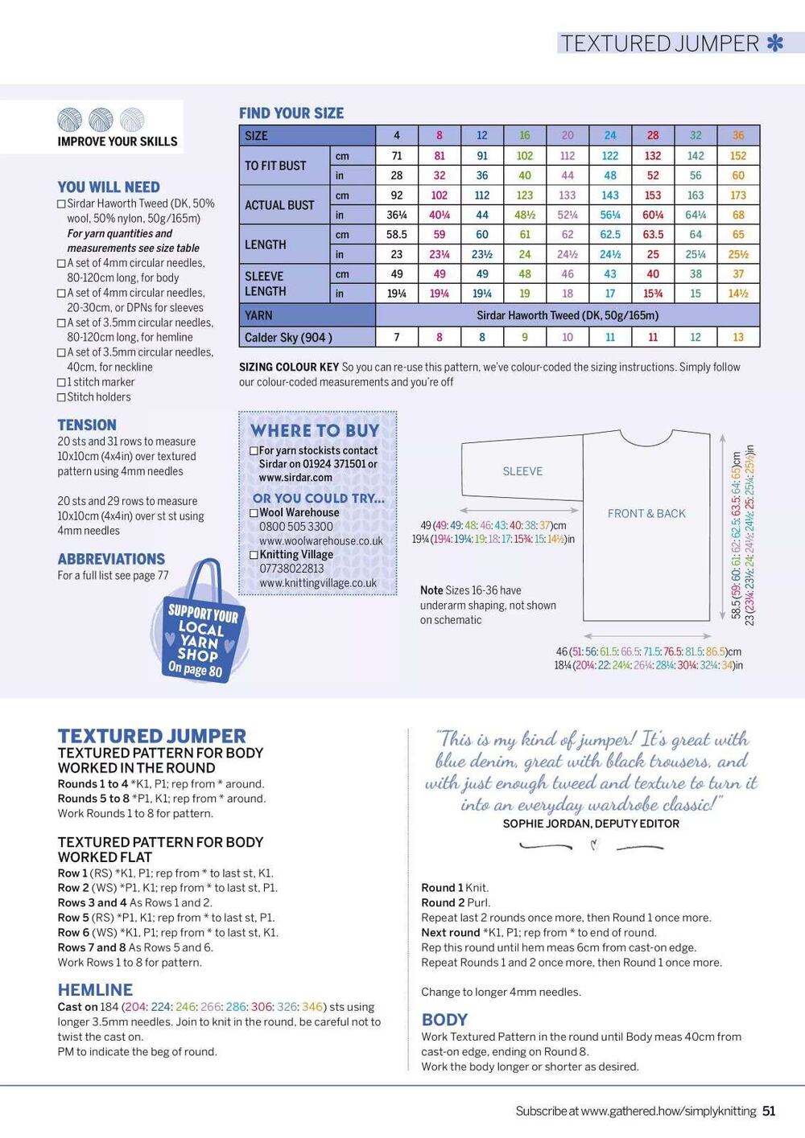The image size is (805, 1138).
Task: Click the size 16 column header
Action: click(525, 135)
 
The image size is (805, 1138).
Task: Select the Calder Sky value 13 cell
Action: click(738, 337)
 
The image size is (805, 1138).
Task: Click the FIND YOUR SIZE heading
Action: click(291, 113)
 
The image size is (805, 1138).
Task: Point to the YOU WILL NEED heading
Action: click(109, 187)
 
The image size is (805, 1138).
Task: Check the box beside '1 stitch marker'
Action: click(61, 383)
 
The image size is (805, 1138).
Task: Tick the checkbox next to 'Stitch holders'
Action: click(61, 397)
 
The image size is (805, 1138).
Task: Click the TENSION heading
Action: click(87, 425)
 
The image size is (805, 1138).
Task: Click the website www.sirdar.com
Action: click(295, 478)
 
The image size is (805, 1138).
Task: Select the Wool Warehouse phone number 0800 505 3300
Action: click(295, 527)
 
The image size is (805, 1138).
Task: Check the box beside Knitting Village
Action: click(254, 555)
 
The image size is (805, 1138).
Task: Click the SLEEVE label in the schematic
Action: click(522, 471)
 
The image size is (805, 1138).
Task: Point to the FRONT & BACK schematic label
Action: click(646, 513)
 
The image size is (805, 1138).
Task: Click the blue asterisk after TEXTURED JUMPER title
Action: click(774, 43)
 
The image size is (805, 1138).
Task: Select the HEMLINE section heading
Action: click(95, 990)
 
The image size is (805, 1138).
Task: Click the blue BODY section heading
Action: click(444, 1020)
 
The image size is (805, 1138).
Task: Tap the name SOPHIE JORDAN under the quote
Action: click(545, 824)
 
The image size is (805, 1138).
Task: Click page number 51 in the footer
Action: click(769, 1111)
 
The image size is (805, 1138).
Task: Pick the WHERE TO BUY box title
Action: click(315, 430)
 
